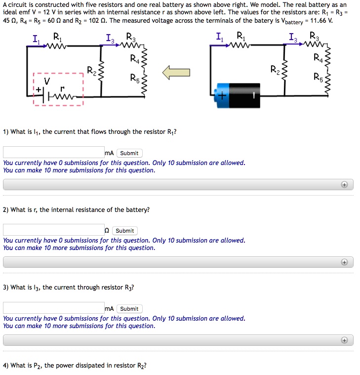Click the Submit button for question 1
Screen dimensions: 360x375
pyautogui.click(x=129, y=153)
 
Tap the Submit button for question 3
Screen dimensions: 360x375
pyautogui.click(x=129, y=309)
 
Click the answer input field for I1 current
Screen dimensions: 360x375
pyautogui.click(x=53, y=153)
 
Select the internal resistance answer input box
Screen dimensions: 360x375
pyautogui.click(x=53, y=230)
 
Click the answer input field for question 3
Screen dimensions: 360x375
pyautogui.click(x=53, y=308)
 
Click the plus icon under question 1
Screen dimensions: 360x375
pyautogui.click(x=344, y=184)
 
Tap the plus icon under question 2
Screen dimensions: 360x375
pyautogui.click(x=344, y=262)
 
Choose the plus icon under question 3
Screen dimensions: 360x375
pyautogui.click(x=344, y=340)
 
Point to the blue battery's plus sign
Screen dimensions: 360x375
pyautogui.click(x=222, y=96)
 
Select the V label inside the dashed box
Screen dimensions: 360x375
pyautogui.click(x=47, y=81)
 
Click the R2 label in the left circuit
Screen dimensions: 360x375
pyautogui.click(x=92, y=70)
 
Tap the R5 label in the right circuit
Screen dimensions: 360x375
pyautogui.click(x=319, y=77)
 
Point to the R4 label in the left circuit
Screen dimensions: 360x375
pyautogui.click(x=135, y=59)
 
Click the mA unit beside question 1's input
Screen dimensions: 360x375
pyautogui.click(x=109, y=153)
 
